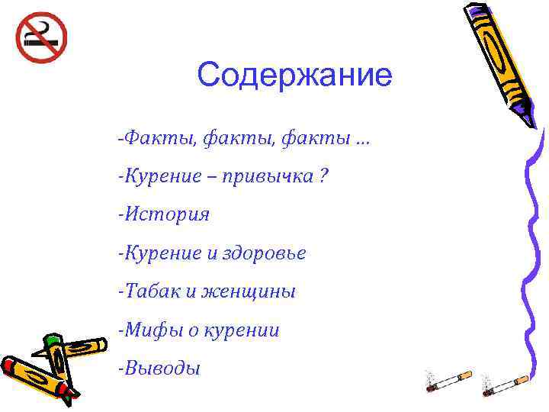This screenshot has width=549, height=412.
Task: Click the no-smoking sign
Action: pyautogui.click(x=41, y=38)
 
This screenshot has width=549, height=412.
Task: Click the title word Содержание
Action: pyautogui.click(x=294, y=75)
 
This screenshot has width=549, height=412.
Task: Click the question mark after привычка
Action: pyautogui.click(x=324, y=176)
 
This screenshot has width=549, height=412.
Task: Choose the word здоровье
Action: pyautogui.click(x=264, y=253)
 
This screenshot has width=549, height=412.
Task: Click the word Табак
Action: pyautogui.click(x=149, y=291)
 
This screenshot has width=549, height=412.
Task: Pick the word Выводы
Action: pyautogui.click(x=162, y=369)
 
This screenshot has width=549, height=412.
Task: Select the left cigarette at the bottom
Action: pyautogui.click(x=450, y=382)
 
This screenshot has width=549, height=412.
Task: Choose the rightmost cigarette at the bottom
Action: pyautogui.click(x=506, y=382)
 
